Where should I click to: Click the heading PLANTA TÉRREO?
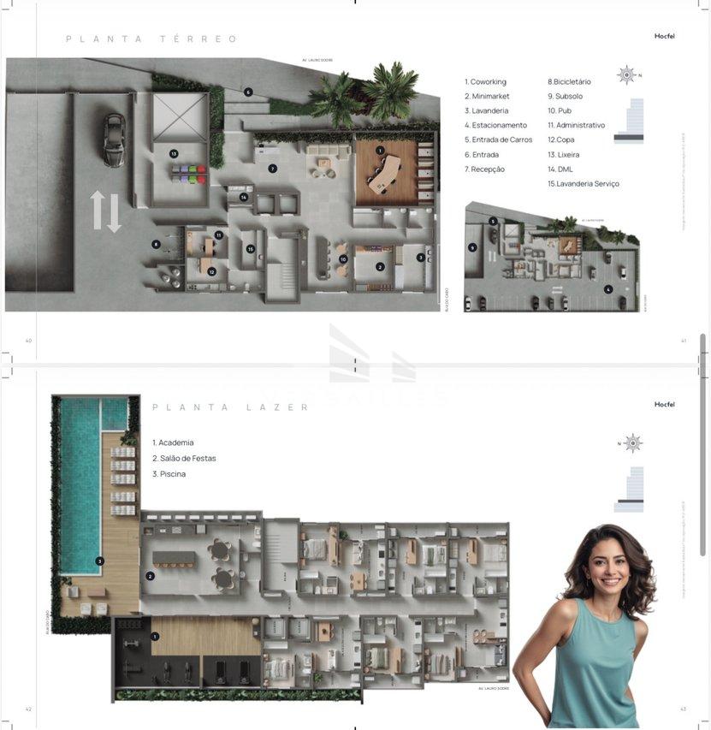tap(151, 39)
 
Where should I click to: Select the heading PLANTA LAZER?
tap(231, 407)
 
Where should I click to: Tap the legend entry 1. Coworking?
tap(485, 82)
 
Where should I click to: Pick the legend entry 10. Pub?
tap(565, 111)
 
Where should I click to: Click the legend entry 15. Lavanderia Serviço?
tap(584, 184)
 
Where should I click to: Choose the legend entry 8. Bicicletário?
tap(572, 82)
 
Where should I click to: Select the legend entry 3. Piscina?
tap(169, 474)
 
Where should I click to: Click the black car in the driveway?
tap(113, 139)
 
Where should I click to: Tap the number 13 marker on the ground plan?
tap(174, 154)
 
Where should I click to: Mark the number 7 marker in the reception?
tap(272, 169)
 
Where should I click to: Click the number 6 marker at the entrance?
tap(248, 92)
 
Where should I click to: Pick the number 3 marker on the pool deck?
tap(100, 561)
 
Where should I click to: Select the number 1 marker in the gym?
tap(155, 637)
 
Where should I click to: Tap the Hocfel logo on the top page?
tap(664, 36)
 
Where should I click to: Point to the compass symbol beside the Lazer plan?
tap(632, 442)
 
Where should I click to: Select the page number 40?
tap(28, 341)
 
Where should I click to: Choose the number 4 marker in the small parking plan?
tap(608, 289)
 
